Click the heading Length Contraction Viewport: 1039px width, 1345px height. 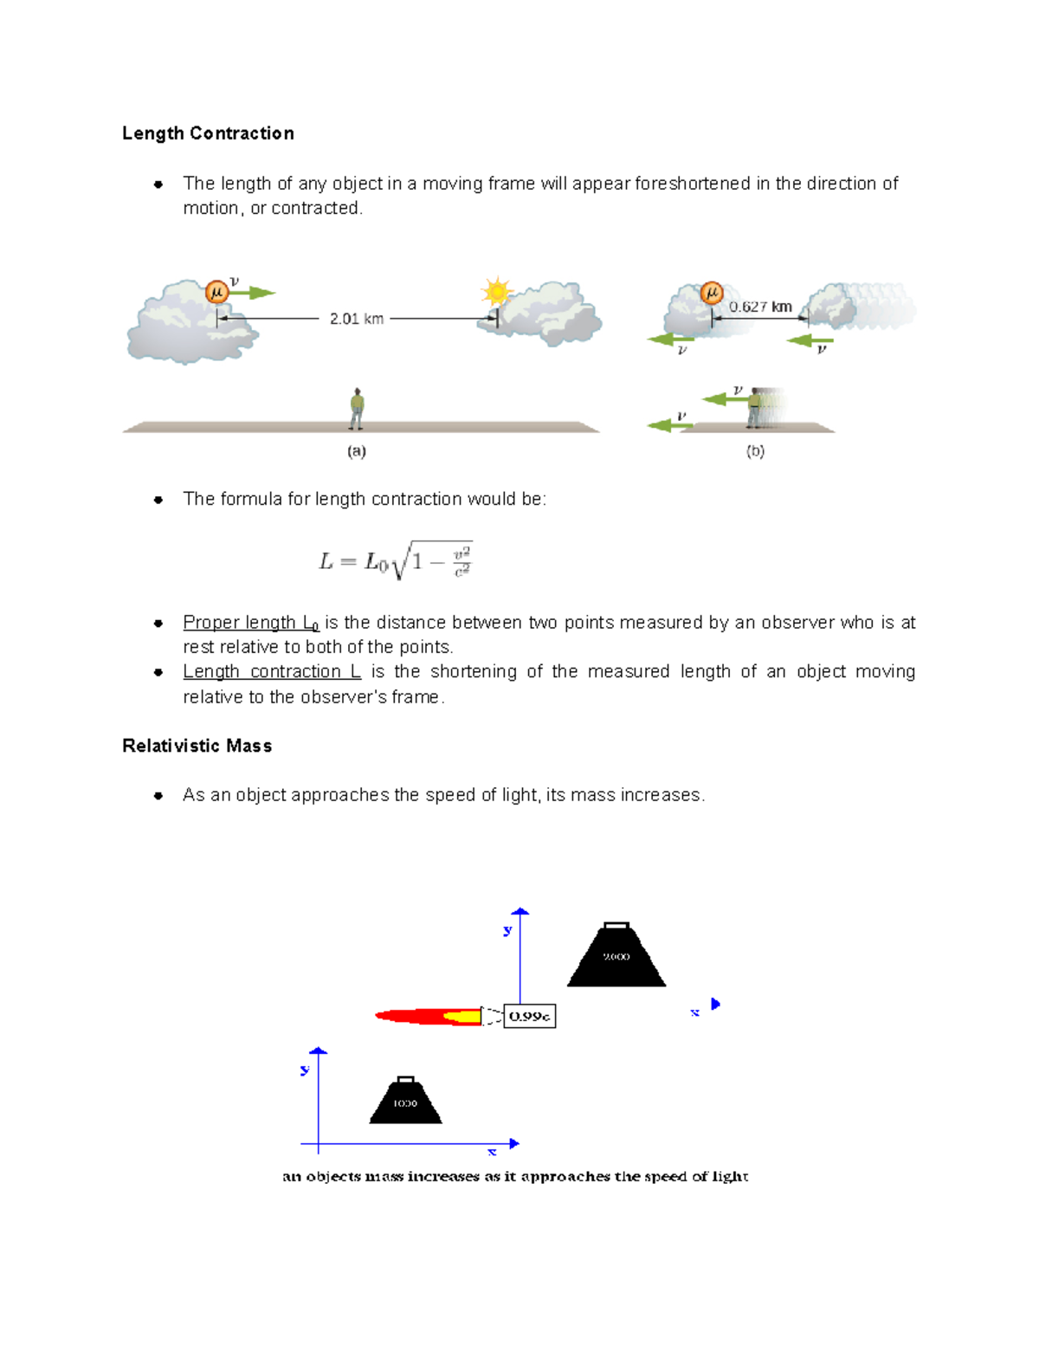click(x=208, y=133)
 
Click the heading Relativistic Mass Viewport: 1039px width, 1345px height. click(x=197, y=746)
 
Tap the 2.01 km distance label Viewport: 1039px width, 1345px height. click(x=356, y=319)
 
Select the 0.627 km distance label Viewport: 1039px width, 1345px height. click(x=759, y=307)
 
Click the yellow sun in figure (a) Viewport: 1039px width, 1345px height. click(x=497, y=292)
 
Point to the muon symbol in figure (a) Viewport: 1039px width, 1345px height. click(x=216, y=293)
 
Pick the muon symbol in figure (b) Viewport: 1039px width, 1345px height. click(x=711, y=293)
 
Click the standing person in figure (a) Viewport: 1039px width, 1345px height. click(x=356, y=409)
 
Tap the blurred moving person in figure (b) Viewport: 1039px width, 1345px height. click(x=755, y=408)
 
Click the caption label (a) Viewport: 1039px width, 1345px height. click(x=356, y=451)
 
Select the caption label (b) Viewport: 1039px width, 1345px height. click(x=755, y=451)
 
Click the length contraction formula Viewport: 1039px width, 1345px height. click(x=396, y=561)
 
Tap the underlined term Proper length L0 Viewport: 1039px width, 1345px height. click(x=250, y=623)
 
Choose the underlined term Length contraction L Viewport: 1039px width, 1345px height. click(x=271, y=672)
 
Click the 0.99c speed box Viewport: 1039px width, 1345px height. click(x=530, y=1016)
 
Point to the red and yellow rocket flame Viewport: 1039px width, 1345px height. click(x=429, y=1016)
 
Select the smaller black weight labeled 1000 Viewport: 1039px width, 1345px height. click(x=405, y=1101)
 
